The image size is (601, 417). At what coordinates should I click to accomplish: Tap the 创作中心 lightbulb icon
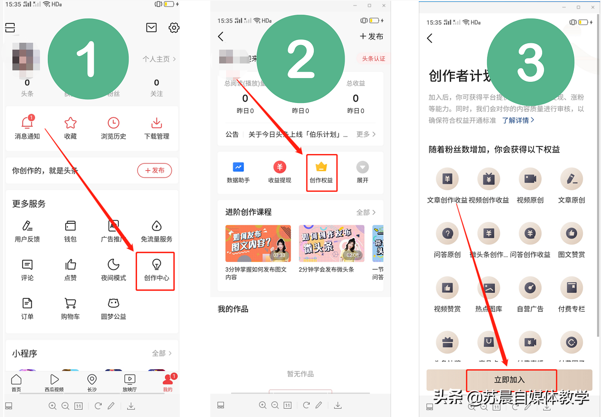[157, 264]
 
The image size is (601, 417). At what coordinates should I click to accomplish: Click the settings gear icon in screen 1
[174, 28]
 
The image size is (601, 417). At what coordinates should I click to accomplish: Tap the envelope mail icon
[151, 28]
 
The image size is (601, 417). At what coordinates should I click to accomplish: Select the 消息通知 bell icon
[27, 123]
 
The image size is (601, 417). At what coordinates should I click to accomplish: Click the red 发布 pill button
[154, 171]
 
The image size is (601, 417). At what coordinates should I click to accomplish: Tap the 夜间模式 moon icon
[113, 264]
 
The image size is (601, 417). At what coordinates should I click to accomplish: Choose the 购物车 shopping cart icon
[70, 303]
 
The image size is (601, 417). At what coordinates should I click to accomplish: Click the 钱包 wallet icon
[70, 226]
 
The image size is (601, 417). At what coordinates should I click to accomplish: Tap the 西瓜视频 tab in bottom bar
[54, 380]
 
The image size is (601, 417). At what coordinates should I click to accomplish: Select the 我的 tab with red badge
[167, 380]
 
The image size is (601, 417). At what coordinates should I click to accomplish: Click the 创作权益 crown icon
[321, 167]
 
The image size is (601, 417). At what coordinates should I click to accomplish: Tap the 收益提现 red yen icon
[279, 167]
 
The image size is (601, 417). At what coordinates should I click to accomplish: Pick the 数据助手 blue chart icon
[238, 167]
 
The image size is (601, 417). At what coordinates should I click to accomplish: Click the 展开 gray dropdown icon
[363, 167]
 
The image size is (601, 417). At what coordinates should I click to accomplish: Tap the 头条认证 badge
[373, 59]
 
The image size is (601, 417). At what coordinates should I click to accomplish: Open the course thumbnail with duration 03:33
[258, 243]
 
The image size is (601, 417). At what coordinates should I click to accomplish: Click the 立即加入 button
[509, 380]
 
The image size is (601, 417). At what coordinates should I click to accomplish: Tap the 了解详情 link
[518, 120]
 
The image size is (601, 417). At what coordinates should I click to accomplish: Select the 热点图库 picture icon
[488, 288]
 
